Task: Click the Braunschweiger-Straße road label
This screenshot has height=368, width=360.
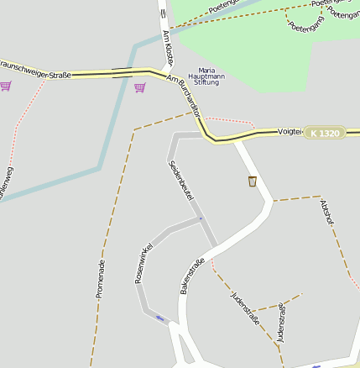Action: coord(35,69)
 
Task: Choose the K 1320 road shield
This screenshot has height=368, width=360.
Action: coord(324,133)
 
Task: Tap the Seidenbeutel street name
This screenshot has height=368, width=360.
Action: coord(181,179)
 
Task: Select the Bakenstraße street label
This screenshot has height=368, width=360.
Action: coord(192,276)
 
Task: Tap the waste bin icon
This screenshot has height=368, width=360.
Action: coord(252,181)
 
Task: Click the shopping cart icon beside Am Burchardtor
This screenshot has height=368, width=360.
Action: coord(139,87)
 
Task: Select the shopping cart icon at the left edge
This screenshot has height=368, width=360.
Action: coord(6,86)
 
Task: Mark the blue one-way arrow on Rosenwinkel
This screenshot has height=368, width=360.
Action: coord(159,318)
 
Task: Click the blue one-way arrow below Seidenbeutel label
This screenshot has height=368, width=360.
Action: coord(200,219)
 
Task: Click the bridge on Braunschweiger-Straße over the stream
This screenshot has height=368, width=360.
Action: coord(121,73)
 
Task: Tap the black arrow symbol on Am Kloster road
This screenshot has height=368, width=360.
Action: coord(163,13)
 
